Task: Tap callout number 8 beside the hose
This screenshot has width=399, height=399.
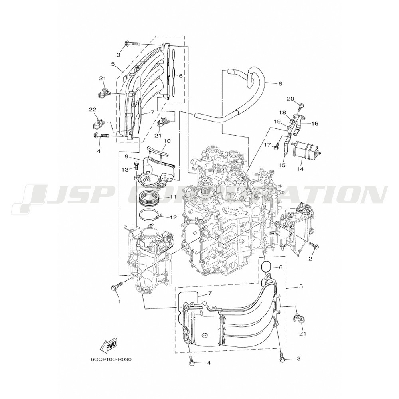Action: coord(280,83)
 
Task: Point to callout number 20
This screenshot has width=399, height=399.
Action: coord(290,99)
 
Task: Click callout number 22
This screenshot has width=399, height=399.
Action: coord(93,109)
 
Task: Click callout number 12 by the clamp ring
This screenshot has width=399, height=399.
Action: coord(173,217)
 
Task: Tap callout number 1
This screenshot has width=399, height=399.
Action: coord(119,301)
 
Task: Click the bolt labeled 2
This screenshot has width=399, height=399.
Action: coord(314,245)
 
